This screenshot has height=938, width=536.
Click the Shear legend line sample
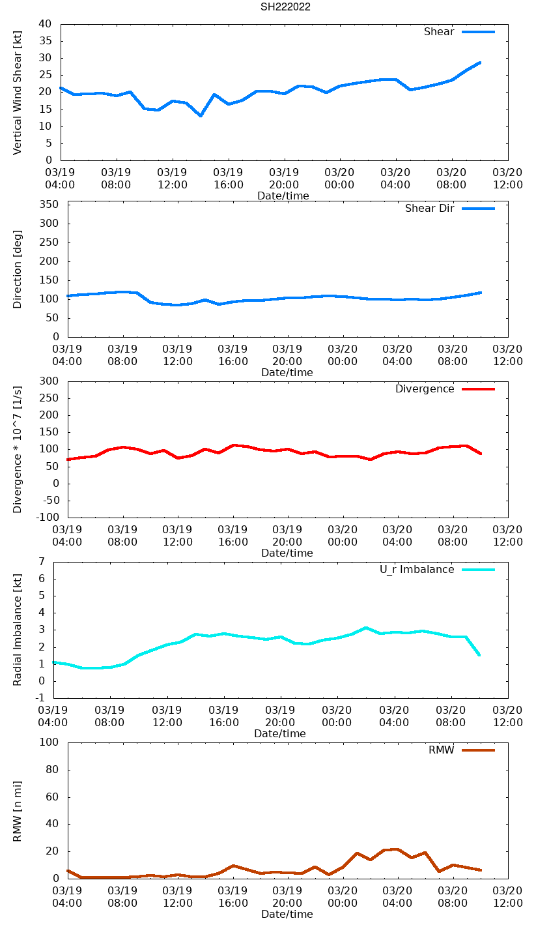[x=479, y=32]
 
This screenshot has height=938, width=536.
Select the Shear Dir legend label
[x=429, y=209]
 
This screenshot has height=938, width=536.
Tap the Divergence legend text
[x=425, y=389]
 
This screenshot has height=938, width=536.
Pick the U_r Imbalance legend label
[x=417, y=570]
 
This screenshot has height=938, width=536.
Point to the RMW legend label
[x=441, y=750]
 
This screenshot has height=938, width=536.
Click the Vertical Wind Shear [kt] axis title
[x=18, y=93]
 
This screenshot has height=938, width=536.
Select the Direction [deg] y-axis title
[x=18, y=269]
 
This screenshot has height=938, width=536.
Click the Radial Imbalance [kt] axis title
[x=18, y=630]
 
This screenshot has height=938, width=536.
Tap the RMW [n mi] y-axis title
[x=18, y=811]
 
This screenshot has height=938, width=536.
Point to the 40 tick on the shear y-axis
[x=45, y=24]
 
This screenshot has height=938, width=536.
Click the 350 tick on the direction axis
[x=49, y=205]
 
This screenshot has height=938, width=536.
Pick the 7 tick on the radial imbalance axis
[x=42, y=561]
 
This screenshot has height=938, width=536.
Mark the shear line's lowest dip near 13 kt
[x=201, y=116]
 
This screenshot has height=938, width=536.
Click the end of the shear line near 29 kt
[x=480, y=63]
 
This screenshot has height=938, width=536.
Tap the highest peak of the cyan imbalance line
[x=366, y=628]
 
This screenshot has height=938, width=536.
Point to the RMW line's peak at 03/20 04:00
[x=397, y=849]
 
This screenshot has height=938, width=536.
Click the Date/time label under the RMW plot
[x=287, y=914]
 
